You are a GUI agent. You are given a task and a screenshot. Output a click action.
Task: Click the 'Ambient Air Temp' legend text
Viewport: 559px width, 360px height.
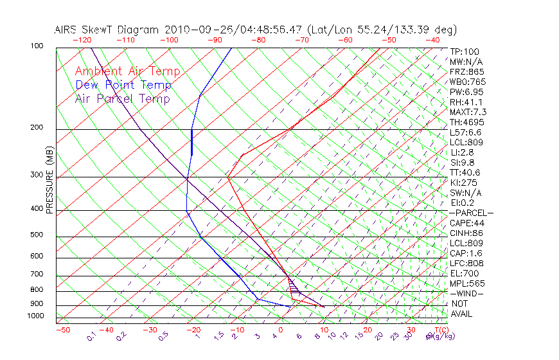pyautogui.click(x=127, y=72)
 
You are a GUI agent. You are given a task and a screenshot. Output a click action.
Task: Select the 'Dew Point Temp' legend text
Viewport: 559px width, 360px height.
pyautogui.click(x=123, y=85)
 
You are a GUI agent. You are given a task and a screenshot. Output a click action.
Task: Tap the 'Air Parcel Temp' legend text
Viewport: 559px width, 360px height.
pyautogui.click(x=122, y=99)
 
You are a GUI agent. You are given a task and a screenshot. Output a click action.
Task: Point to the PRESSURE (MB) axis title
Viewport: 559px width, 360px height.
pyautogui.click(x=49, y=179)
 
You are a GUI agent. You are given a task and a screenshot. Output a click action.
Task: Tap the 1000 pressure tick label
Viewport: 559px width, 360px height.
pyautogui.click(x=36, y=316)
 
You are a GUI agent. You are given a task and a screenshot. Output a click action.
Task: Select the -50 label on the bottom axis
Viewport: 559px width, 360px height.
pyautogui.click(x=62, y=330)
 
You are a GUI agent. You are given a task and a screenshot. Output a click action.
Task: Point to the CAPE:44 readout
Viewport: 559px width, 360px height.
pyautogui.click(x=466, y=223)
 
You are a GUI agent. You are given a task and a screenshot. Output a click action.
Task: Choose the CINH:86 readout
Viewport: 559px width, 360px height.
pyautogui.click(x=466, y=233)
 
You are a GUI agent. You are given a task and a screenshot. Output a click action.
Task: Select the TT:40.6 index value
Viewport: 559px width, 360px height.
pyautogui.click(x=465, y=173)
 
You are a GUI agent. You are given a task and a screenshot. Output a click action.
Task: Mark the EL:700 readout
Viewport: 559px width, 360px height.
pyautogui.click(x=464, y=273)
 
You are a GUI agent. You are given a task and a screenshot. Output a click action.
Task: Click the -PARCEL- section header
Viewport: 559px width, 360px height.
pyautogui.click(x=471, y=213)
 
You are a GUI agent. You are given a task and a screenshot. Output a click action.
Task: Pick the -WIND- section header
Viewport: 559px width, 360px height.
pyautogui.click(x=466, y=293)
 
